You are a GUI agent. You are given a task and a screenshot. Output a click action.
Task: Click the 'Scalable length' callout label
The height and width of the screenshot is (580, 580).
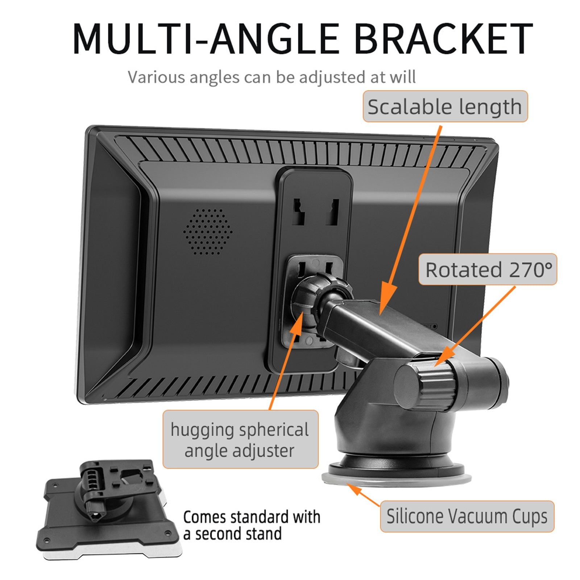tap(445, 107)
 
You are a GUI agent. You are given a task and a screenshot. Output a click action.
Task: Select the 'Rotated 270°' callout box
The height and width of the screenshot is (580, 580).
tap(488, 270)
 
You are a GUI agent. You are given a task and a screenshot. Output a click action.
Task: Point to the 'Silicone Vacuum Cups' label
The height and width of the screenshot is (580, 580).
tap(467, 516)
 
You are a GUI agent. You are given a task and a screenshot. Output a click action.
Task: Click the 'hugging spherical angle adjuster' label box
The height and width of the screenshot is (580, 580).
tap(240, 439)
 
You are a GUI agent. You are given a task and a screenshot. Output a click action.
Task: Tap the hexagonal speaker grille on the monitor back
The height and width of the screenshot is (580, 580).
tap(208, 231)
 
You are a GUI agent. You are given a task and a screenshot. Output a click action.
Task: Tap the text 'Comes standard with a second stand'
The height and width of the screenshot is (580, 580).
tap(252, 525)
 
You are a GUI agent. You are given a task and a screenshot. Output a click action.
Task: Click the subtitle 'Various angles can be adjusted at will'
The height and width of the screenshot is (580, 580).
tap(272, 77)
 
